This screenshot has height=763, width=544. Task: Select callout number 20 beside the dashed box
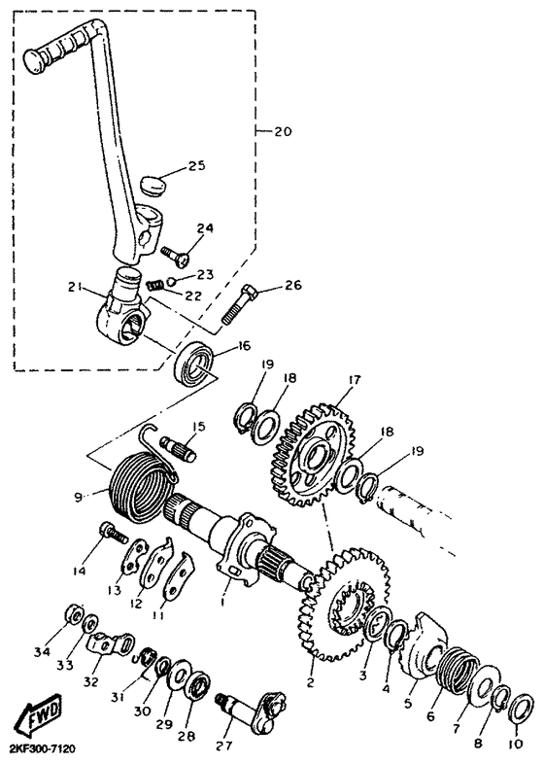tap(282, 131)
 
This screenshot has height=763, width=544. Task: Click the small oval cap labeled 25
tap(153, 185)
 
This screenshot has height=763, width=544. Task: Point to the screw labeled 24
tap(175, 256)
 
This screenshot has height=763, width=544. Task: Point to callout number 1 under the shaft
tap(221, 602)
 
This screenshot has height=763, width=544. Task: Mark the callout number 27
tap(224, 745)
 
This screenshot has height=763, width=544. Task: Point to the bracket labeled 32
tap(110, 644)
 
